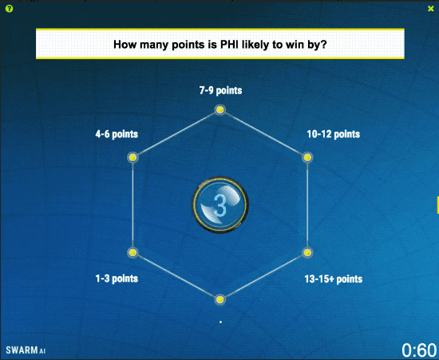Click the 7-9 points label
click(220, 90)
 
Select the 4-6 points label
click(117, 134)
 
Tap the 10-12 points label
click(334, 134)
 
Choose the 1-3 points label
click(117, 279)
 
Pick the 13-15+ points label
click(334, 279)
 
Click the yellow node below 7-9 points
click(220, 109)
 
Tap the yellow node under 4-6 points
click(132, 157)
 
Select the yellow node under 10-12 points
click(307, 157)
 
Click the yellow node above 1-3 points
click(132, 252)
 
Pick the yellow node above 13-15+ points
click(307, 252)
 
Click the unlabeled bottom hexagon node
click(220, 300)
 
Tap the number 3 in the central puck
click(220, 205)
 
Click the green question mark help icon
click(10, 9)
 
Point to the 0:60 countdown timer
click(419, 350)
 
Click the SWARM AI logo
click(26, 350)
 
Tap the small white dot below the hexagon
click(220, 322)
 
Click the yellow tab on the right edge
click(437, 205)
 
